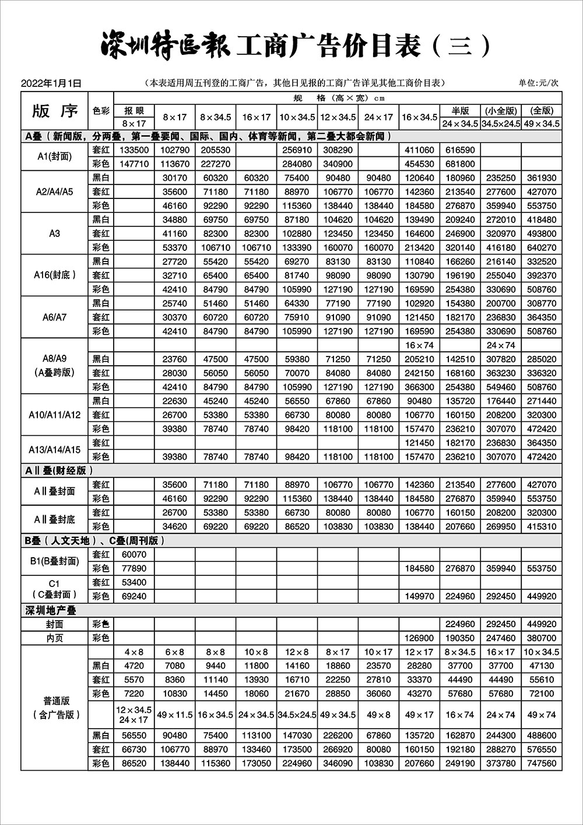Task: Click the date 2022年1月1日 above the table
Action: (51, 83)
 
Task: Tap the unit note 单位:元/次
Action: (538, 83)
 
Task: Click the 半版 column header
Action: (460, 110)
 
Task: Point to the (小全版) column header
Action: (501, 110)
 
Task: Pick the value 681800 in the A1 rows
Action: (460, 164)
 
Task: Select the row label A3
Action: (55, 233)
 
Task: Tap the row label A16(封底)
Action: (55, 275)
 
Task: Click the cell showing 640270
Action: (542, 247)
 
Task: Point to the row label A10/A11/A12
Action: (55, 415)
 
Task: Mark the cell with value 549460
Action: (501, 387)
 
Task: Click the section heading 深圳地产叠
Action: (51, 610)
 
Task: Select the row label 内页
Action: (55, 638)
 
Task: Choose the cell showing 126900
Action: (419, 638)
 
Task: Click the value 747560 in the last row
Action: (542, 763)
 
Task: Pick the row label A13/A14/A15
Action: (55, 450)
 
